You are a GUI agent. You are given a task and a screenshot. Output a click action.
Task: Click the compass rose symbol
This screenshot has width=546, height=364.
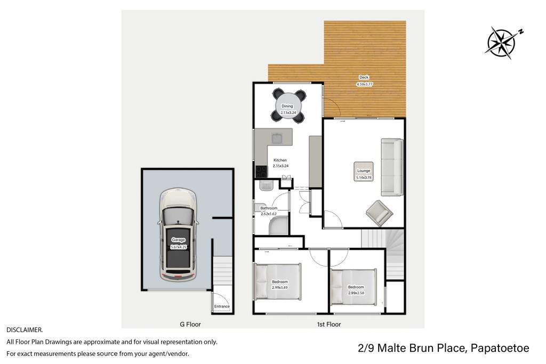click(x=501, y=43)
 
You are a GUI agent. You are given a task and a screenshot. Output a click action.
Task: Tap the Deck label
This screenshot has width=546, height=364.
click(x=364, y=77)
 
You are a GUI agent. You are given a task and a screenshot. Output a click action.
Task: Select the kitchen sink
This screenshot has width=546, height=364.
click(x=277, y=139)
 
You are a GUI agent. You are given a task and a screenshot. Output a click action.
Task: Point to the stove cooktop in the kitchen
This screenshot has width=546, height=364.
click(x=261, y=172)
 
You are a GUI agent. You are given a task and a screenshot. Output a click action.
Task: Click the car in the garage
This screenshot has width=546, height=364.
click(x=178, y=235)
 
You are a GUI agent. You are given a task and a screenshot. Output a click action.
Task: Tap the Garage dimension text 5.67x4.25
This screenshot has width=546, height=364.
click(x=179, y=247)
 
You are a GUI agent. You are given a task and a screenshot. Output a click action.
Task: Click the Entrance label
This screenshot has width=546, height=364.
click(x=222, y=306)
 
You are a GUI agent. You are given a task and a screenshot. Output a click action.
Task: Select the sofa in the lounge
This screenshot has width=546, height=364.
click(x=392, y=167)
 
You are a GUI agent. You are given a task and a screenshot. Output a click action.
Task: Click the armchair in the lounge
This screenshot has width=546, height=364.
click(x=379, y=213)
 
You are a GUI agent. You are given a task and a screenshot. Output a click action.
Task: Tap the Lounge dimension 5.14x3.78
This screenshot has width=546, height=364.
click(x=364, y=177)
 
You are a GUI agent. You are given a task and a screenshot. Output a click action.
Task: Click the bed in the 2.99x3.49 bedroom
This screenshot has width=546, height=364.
click(x=278, y=281)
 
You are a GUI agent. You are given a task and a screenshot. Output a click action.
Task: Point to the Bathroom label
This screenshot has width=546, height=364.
click(x=269, y=208)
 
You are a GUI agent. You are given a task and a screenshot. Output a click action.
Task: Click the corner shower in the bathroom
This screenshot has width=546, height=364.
click(x=278, y=225)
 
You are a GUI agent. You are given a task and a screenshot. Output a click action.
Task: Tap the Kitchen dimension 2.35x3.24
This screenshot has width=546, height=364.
click(x=280, y=166)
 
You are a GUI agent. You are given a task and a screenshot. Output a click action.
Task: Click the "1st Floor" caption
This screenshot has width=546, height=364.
click(x=328, y=325)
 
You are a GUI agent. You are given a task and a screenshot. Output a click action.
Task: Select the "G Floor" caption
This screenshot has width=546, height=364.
click(x=190, y=325)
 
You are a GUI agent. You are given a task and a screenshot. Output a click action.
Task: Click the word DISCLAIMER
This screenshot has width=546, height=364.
click(x=25, y=329)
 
